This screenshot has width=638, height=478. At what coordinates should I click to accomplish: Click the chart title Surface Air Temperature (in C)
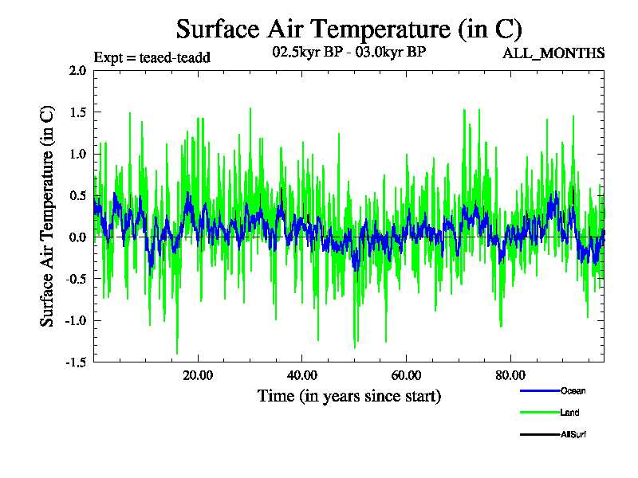point(349,29)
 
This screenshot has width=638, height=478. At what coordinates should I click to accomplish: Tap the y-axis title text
point(48,216)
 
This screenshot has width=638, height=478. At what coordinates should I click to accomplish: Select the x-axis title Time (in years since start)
point(349,396)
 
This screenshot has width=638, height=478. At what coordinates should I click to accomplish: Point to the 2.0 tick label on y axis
point(77,70)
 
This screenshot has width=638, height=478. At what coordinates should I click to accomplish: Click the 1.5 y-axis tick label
point(77,112)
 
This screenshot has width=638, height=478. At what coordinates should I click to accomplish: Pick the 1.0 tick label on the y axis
point(77,154)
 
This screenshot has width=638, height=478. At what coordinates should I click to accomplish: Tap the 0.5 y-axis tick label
point(77,196)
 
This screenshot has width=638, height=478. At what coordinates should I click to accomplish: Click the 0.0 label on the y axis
point(77,237)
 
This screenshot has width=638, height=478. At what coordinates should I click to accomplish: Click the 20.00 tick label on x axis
point(198,376)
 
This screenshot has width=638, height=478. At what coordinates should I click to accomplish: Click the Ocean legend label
point(573,391)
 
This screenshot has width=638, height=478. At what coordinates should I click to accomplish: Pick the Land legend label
point(569,413)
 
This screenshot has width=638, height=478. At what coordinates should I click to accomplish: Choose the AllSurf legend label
point(573,434)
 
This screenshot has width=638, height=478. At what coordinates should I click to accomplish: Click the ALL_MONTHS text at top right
point(553,53)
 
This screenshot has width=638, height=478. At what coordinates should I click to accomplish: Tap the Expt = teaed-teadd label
point(152,57)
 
